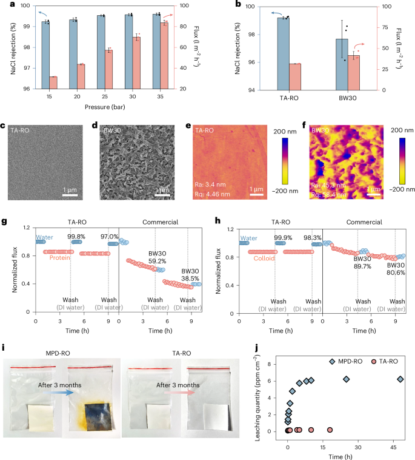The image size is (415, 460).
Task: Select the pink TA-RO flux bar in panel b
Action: pyautogui.click(x=295, y=76)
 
